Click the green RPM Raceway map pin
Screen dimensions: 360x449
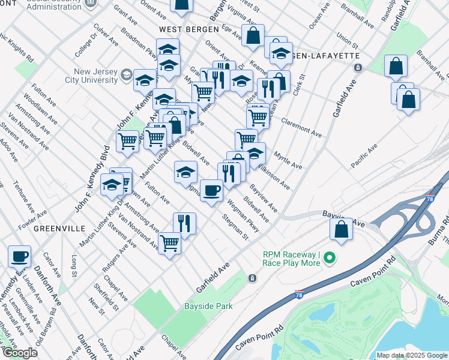click(328, 259)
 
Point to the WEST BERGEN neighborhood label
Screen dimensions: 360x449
click(182, 29)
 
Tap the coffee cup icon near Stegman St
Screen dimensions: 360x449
click(211, 191)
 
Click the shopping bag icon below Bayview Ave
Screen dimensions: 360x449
click(341, 230)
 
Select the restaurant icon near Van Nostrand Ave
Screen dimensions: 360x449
click(184, 224)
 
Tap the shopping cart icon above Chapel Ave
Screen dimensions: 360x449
click(169, 244)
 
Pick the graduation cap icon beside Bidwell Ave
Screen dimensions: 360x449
click(185, 172)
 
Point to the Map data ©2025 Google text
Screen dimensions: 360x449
click(412, 355)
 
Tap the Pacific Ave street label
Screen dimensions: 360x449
click(364, 156)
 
